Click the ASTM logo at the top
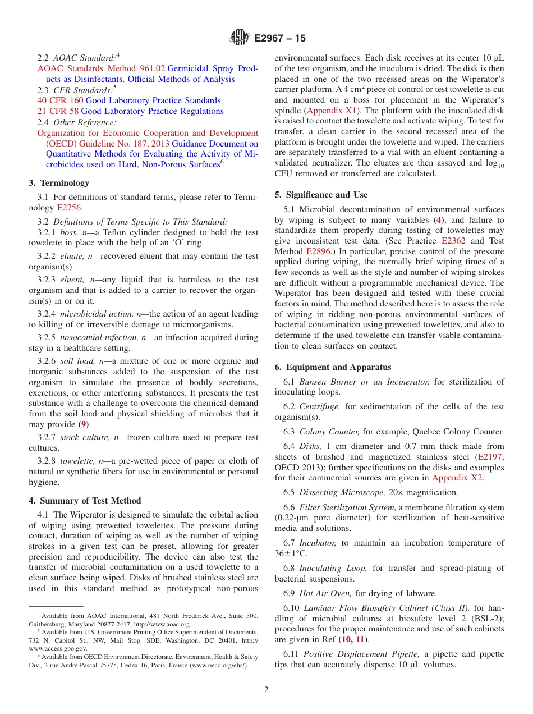coord(240,38)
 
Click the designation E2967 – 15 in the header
coord(280,39)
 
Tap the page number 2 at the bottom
coord(266,690)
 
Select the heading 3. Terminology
coord(59,183)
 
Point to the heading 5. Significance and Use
coord(321,195)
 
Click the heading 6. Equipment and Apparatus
coord(333,367)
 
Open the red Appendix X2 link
coord(457,478)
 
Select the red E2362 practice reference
coord(454,241)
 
